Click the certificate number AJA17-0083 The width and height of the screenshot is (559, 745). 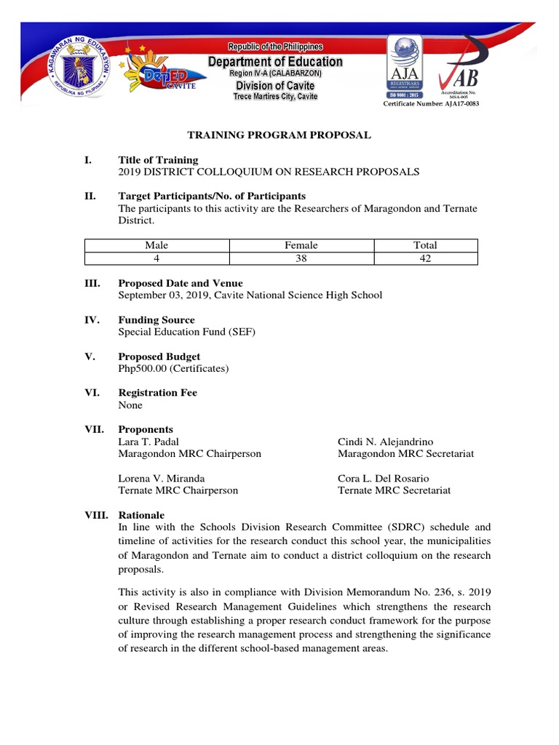[x=432, y=104]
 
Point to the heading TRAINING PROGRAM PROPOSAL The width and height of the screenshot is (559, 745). [x=279, y=135]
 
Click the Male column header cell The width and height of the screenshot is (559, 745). [x=156, y=245]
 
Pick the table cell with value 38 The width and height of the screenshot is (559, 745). [x=301, y=258]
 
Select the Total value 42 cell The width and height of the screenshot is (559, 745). [x=425, y=258]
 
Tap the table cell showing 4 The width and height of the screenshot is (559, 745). [x=156, y=258]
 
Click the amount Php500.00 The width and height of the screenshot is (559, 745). [x=143, y=368]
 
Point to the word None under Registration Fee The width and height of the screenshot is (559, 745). [x=130, y=405]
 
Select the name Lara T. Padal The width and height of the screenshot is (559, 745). [x=148, y=442]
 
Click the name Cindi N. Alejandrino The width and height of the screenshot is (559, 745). [x=386, y=442]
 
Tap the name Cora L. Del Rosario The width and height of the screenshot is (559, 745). [x=383, y=478]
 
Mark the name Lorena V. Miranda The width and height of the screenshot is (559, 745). [x=161, y=478]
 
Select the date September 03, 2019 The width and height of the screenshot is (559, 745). [x=162, y=295]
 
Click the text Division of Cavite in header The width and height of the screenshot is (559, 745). [x=275, y=86]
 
